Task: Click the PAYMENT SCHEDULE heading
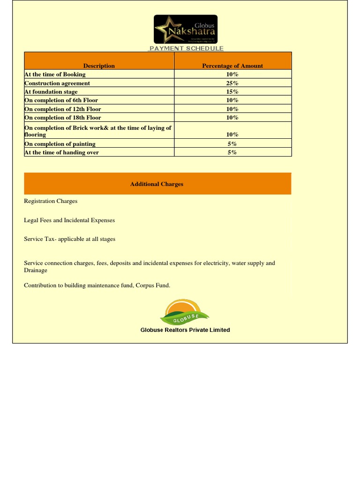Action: pos(186,48)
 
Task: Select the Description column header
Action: pos(99,66)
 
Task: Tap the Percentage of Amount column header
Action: pos(232,66)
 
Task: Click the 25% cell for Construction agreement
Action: pos(232,83)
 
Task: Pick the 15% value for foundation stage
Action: pos(232,92)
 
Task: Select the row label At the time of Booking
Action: pos(55,74)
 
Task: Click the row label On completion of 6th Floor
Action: pos(61,100)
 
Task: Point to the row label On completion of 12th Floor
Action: pos(63,109)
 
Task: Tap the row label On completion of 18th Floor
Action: pos(63,118)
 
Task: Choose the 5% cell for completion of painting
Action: pos(232,144)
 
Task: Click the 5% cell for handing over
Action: pos(232,152)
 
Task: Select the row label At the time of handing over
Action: pos(62,152)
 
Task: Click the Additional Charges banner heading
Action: pos(157,184)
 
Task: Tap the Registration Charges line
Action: pos(51,201)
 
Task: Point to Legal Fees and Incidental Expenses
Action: pos(69,220)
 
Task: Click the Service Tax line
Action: pos(69,239)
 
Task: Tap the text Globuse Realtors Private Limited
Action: pos(185,330)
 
